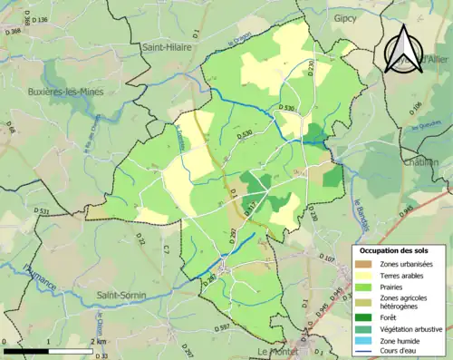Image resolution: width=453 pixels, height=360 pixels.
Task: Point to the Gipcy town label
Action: pos(345,17)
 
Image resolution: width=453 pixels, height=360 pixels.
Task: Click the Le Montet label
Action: pos(278,351)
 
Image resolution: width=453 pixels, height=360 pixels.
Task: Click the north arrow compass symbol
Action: pos(405,49)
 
